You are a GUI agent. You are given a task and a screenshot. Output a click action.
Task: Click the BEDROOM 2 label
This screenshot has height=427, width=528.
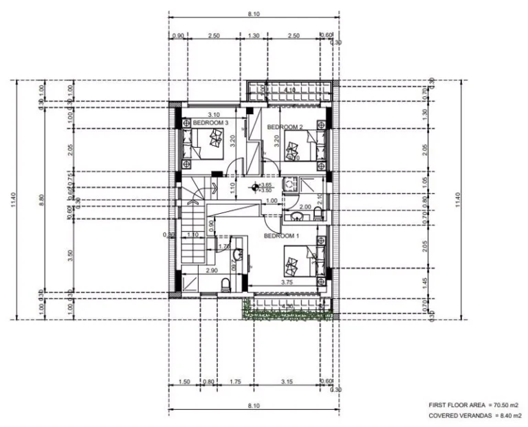285,127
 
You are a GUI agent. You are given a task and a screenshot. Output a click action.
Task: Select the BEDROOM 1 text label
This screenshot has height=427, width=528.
282,236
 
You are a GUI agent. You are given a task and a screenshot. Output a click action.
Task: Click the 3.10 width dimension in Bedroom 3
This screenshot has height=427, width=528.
214,114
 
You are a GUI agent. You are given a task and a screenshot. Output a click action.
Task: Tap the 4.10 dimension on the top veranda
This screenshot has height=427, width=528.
289,90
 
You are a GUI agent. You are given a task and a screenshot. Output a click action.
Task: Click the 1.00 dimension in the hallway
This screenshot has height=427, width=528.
272,201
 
